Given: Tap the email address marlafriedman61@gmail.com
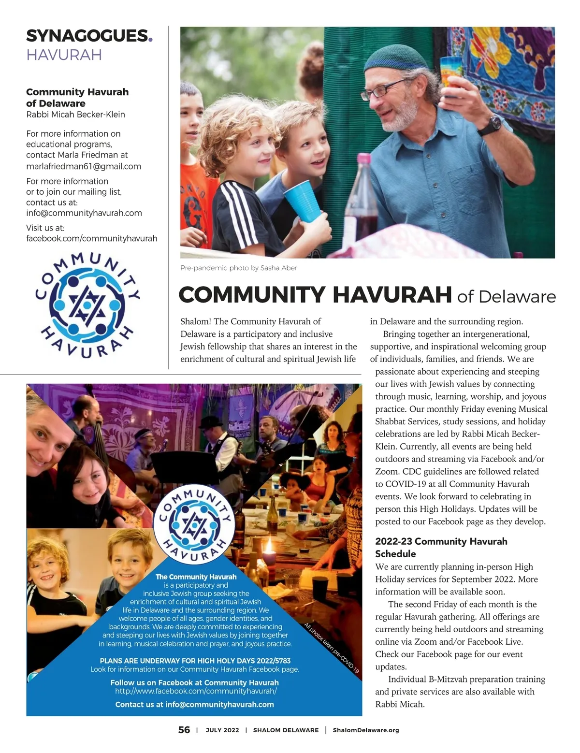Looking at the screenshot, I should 84,166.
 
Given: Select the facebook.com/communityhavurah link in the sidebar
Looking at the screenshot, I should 92,238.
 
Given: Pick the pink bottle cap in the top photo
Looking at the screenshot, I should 363,159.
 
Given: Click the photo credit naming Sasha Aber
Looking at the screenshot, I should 239,268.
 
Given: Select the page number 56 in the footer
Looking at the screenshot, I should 184,730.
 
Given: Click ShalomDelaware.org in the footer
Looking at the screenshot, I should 366,730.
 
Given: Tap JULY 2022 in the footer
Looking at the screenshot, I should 222,730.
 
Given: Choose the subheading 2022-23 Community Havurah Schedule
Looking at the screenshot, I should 441,548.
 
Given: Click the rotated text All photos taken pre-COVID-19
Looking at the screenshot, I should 332,648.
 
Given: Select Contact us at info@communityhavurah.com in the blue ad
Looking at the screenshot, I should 194,704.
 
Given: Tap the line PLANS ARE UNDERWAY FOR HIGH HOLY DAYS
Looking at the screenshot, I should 195,661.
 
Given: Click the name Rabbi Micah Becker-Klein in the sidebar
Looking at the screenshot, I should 75,115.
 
